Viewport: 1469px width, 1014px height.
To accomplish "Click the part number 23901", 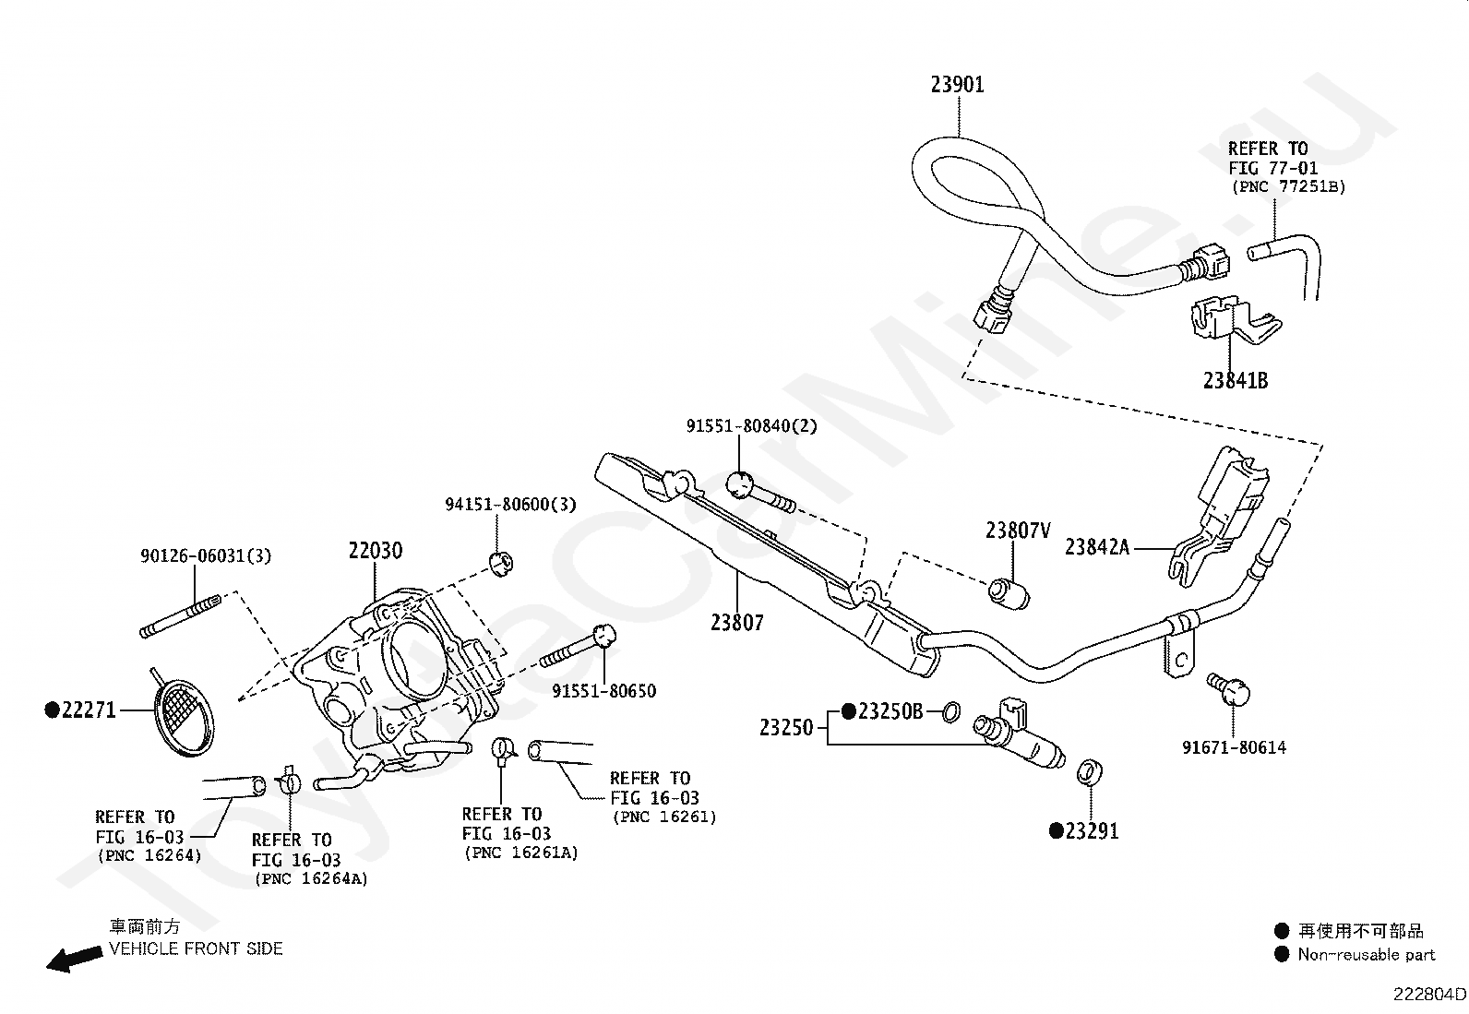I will [957, 85].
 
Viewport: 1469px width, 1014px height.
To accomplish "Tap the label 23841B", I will [1235, 380].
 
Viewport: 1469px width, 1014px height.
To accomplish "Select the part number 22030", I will [375, 551].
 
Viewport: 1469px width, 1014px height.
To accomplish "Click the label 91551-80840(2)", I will [751, 426].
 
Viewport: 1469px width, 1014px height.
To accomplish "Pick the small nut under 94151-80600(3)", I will [500, 563].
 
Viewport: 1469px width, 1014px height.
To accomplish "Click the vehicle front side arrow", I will [75, 958].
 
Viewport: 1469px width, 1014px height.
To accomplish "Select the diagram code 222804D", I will [1428, 994].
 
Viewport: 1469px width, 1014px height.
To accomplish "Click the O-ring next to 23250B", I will [949, 711].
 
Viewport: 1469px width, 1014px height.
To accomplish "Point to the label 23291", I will [1092, 831].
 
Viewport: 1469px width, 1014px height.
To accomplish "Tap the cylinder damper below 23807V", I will [1009, 593].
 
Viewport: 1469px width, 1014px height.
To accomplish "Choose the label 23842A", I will [1096, 547].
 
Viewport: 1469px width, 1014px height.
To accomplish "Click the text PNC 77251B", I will [1288, 186].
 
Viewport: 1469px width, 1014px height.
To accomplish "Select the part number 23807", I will [736, 623].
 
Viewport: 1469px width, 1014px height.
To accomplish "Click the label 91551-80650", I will [603, 691].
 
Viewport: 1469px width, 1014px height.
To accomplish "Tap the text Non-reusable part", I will [1366, 955].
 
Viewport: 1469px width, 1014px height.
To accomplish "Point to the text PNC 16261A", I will [520, 853].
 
